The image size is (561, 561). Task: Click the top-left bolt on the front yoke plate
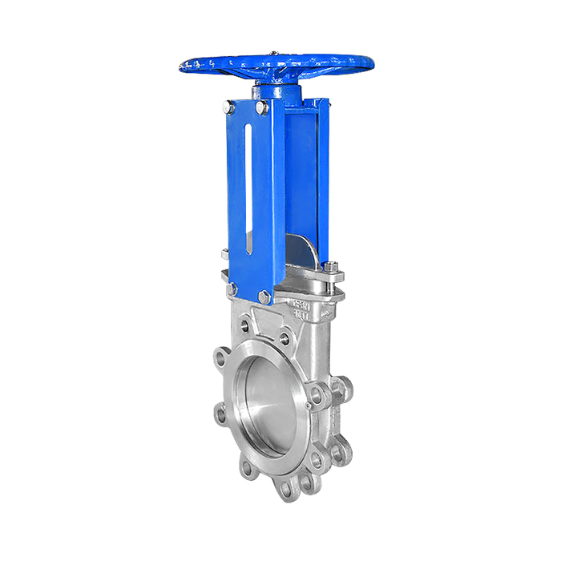point(229,107)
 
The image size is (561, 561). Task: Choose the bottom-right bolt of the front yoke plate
point(264,297)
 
